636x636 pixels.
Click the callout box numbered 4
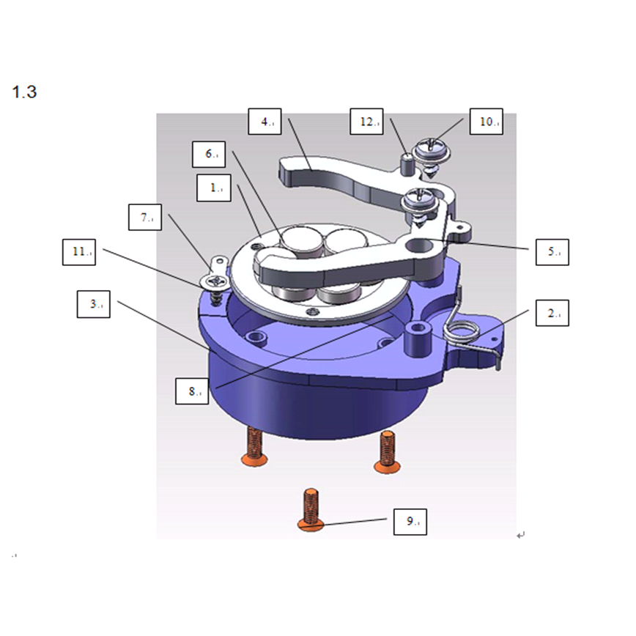coord(265,122)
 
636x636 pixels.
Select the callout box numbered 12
coord(366,122)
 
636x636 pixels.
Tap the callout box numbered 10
coord(487,122)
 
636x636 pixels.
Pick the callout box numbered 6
coord(209,154)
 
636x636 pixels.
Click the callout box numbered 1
coord(214,188)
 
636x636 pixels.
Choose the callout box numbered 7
coord(145,218)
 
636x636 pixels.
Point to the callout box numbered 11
coord(79,252)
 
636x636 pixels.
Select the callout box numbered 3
coord(93,304)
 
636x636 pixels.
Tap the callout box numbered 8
coord(192,391)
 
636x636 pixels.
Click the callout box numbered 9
coord(410,522)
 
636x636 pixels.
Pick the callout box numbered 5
coord(552,252)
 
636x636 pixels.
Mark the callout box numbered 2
coord(552,313)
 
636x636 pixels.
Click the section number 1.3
coord(24,92)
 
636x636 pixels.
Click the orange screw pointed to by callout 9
coord(311,509)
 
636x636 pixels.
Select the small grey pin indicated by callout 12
coord(407,164)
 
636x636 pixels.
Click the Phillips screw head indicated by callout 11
coord(214,281)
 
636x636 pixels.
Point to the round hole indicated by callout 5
coord(420,245)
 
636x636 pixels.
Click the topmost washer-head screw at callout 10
coord(432,155)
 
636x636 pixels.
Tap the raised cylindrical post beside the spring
coord(418,339)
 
